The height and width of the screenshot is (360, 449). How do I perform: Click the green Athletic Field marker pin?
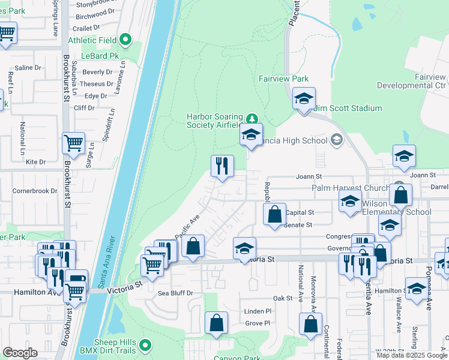[x=125, y=40]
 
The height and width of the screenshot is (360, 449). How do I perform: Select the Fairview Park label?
[x=283, y=79]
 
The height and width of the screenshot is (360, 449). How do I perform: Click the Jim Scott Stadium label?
[x=349, y=108]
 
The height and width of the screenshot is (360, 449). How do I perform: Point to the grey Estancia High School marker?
[x=336, y=140]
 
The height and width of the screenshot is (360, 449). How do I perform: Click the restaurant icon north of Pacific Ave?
[x=222, y=166]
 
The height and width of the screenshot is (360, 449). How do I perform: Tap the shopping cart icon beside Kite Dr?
[x=73, y=143]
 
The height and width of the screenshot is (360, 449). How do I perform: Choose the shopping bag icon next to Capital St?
[x=274, y=214]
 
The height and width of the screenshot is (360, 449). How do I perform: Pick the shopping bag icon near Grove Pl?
[x=216, y=323]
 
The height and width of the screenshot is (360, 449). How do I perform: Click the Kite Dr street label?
[x=35, y=162]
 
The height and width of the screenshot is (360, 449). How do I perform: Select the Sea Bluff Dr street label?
[x=175, y=293]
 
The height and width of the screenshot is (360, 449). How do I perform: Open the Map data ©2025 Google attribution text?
[x=412, y=355]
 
